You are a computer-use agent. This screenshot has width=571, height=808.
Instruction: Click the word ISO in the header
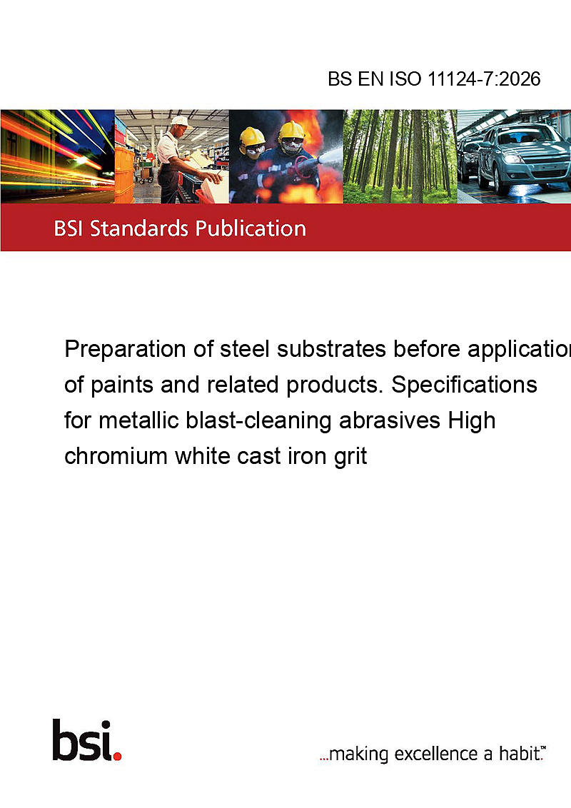(x=405, y=79)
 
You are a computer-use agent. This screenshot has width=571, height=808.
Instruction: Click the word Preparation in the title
(x=126, y=350)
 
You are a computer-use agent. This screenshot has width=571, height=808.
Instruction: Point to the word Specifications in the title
(x=465, y=385)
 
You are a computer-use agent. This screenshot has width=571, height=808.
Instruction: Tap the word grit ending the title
(x=350, y=457)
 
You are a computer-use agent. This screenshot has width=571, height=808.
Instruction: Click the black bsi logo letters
(x=82, y=739)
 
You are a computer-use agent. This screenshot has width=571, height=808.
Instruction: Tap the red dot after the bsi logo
(x=118, y=756)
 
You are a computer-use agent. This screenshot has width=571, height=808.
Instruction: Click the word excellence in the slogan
(x=436, y=754)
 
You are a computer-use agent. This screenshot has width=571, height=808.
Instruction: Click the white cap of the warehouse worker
(x=180, y=121)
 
